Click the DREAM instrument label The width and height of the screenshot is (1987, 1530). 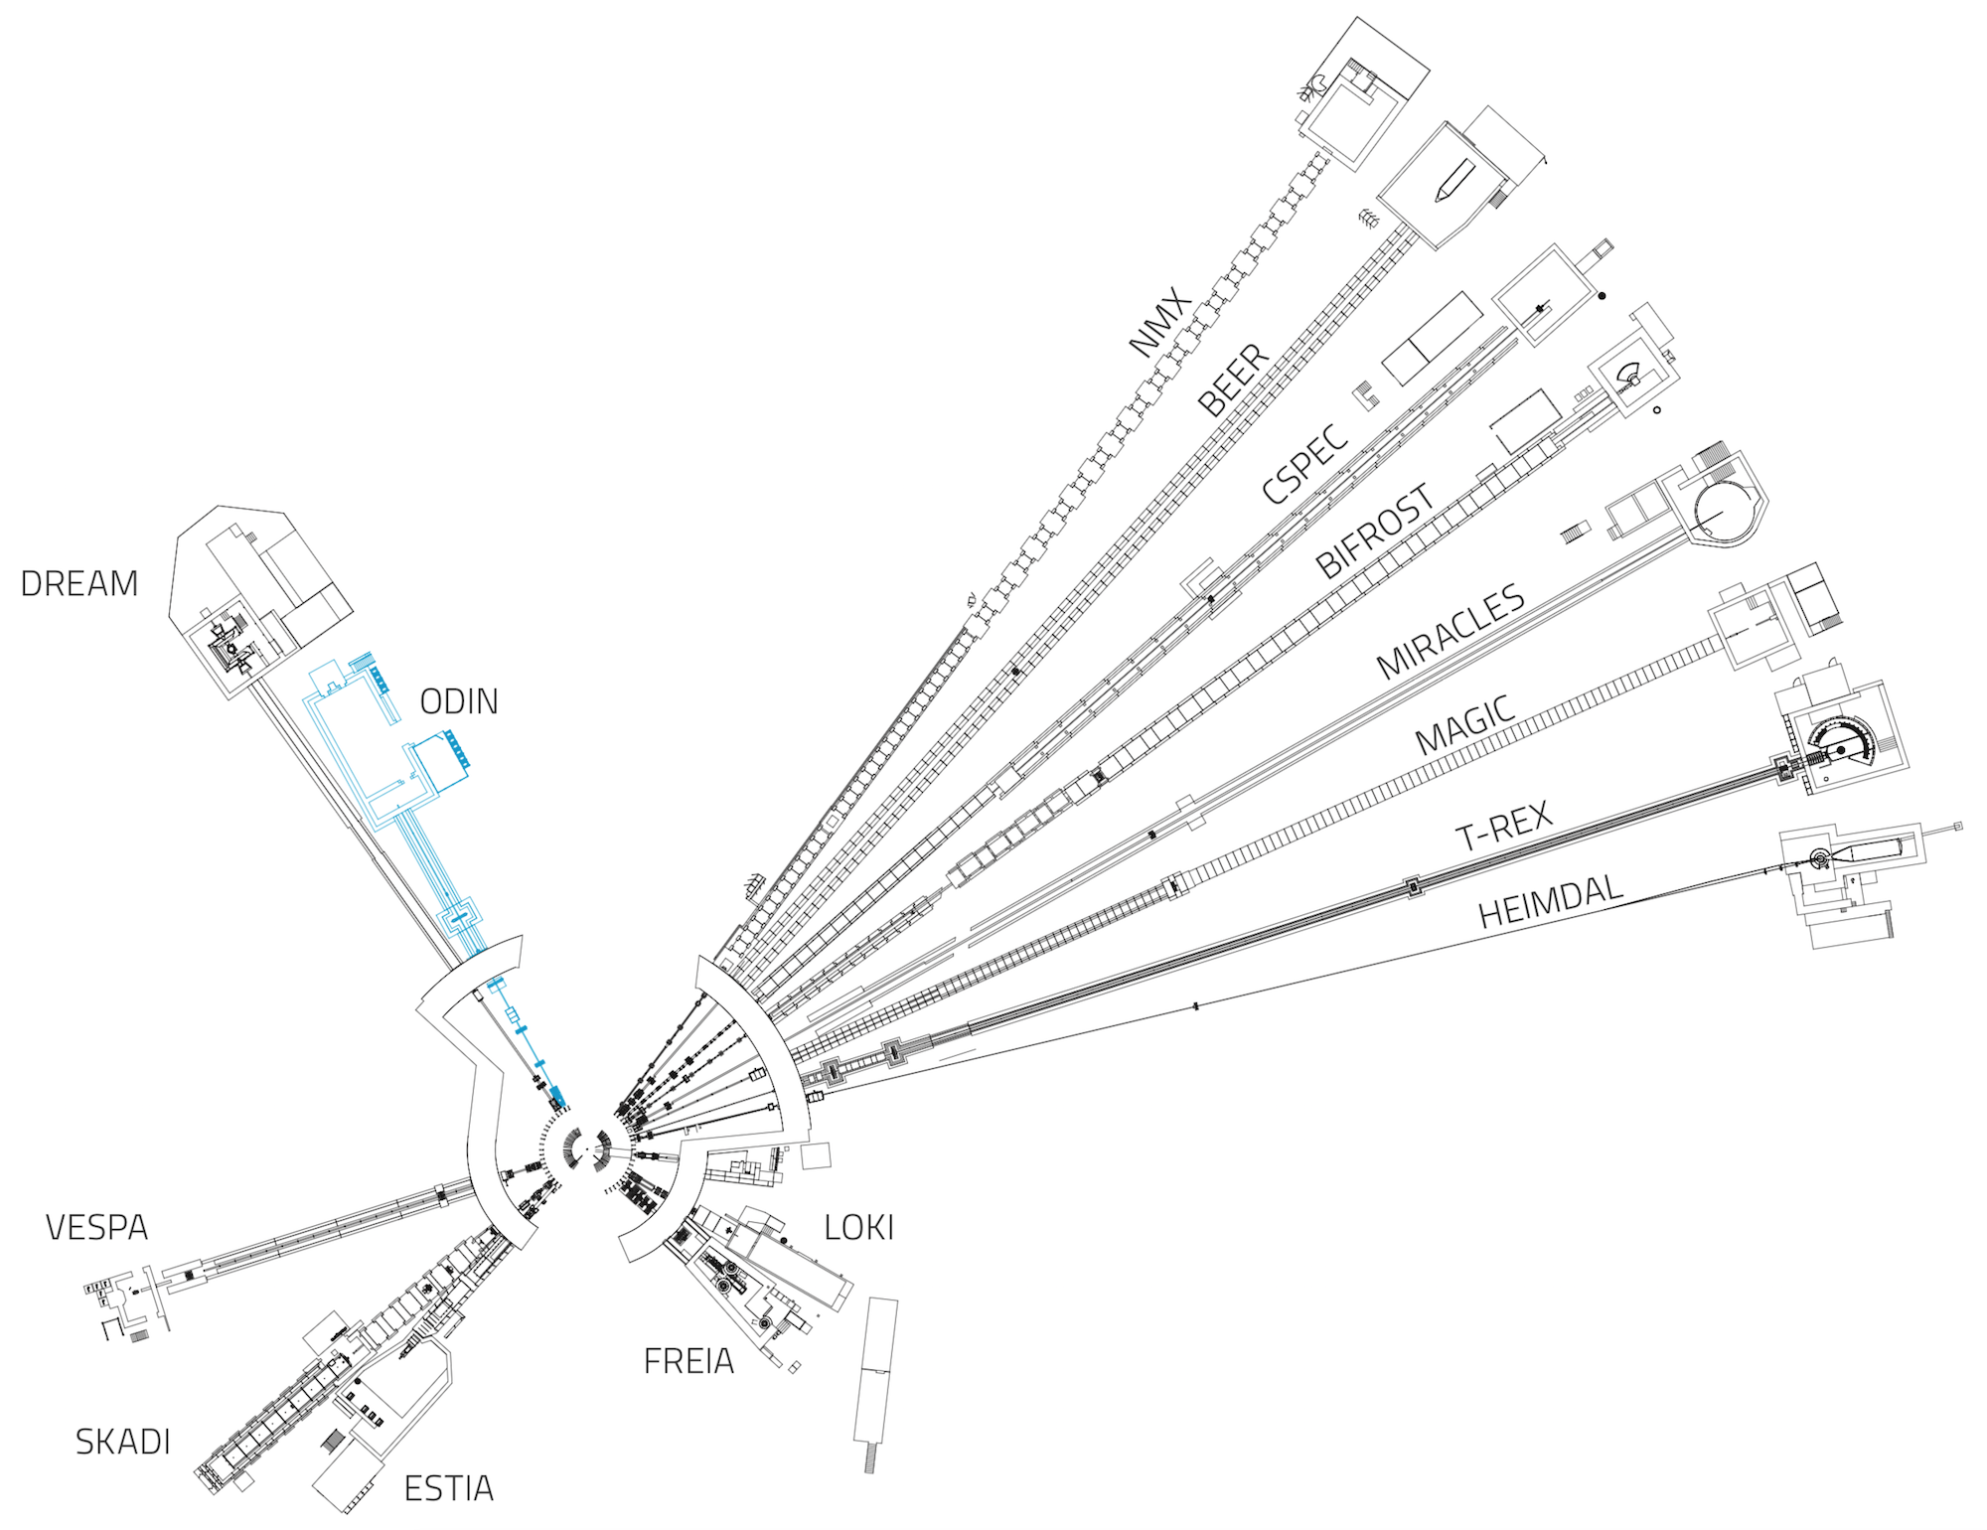(79, 584)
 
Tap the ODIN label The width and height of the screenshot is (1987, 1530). (459, 702)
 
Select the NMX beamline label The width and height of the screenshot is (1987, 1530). (1159, 323)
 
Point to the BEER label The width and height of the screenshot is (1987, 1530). (1233, 380)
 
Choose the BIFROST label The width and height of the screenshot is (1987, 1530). (1375, 531)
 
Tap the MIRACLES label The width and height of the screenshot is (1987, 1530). (1451, 631)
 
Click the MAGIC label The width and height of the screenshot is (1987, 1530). (1465, 724)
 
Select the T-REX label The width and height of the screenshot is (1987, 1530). (1503, 826)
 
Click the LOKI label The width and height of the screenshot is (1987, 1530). (859, 1228)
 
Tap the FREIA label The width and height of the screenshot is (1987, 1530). (688, 1361)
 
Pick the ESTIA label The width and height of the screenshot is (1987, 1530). (449, 1488)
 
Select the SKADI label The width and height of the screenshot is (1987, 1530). (123, 1442)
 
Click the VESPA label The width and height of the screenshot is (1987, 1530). (96, 1228)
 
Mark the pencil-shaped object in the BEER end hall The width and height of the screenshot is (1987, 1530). (1452, 180)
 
